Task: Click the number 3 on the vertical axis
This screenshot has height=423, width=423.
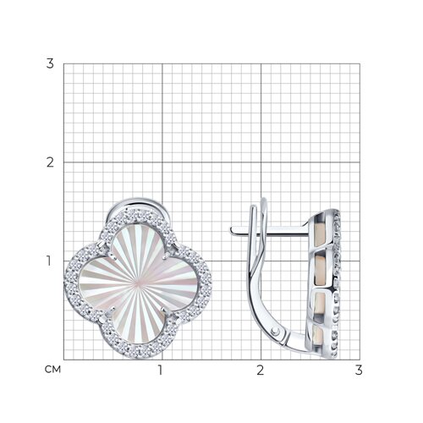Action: pos(50,63)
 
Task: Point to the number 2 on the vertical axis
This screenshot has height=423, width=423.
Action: pos(50,162)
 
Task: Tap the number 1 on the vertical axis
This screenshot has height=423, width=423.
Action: pos(49,261)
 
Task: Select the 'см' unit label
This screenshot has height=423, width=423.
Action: pos(52,370)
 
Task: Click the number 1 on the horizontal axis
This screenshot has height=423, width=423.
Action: pos(161,370)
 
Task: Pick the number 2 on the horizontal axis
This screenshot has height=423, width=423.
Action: pos(261,370)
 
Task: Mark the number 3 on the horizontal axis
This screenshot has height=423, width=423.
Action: pos(359,370)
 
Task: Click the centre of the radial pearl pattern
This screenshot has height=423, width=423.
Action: pos(137,282)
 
